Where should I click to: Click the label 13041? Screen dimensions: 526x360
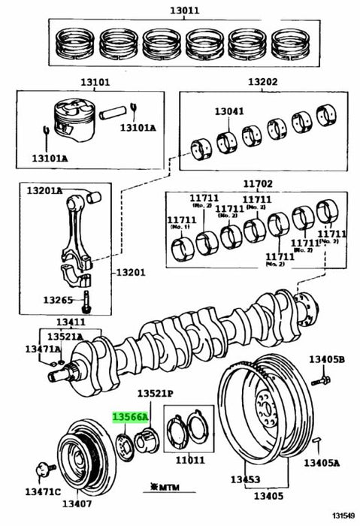229,111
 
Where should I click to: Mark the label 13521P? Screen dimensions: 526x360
155,394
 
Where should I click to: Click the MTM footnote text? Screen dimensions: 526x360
171,488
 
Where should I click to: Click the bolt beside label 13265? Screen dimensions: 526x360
87,299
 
